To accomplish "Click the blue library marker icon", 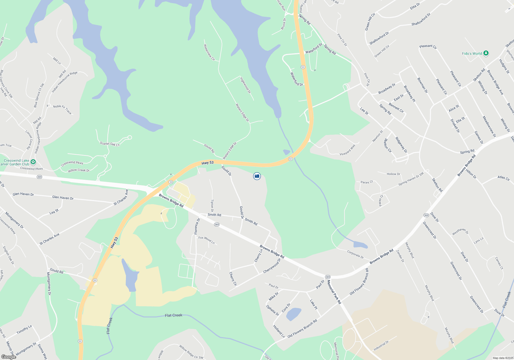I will click(257, 176).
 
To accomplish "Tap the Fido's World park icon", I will click(486, 53).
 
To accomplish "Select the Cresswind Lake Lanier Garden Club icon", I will click(33, 162).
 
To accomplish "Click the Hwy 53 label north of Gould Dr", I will click(207, 163).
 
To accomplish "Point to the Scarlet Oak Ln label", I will click(110, 144).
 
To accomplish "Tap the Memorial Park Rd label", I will click(334, 292).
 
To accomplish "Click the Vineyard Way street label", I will click(347, 150).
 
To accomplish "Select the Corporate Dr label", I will click(355, 255).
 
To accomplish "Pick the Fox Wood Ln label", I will click(206, 240).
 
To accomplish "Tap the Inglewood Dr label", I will click(245, 85).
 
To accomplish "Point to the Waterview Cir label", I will click(209, 52).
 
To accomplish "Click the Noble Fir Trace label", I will click(62, 109).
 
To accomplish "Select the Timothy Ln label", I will click(24, 330).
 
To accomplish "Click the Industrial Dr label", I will click(381, 345).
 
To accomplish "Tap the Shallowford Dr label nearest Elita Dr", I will click(421, 20).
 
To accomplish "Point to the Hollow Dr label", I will click(393, 174).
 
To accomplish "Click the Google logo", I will click(8, 357).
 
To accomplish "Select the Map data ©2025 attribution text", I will click(503, 358).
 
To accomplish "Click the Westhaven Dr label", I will click(460, 232).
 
